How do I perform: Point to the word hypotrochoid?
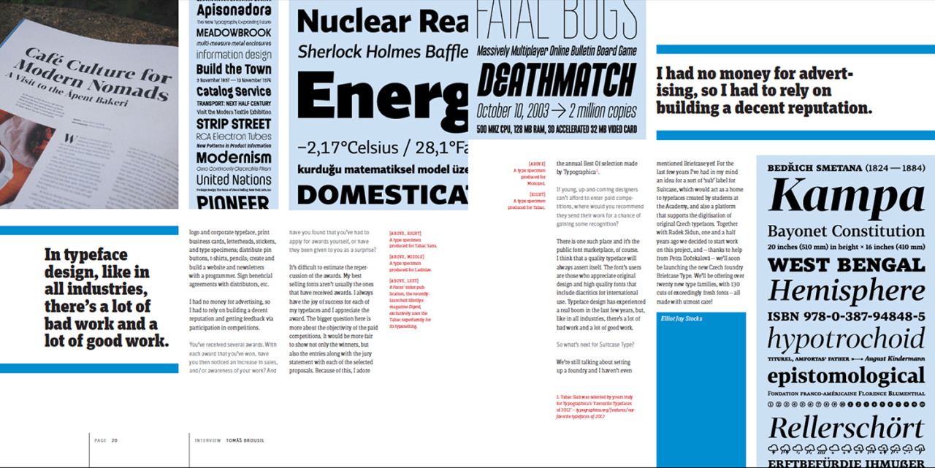point(839,339)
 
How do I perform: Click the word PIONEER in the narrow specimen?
point(233,202)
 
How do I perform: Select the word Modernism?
point(233,158)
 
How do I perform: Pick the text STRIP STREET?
point(228,124)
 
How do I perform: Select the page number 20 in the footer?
point(115,440)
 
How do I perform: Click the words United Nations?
point(233,180)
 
